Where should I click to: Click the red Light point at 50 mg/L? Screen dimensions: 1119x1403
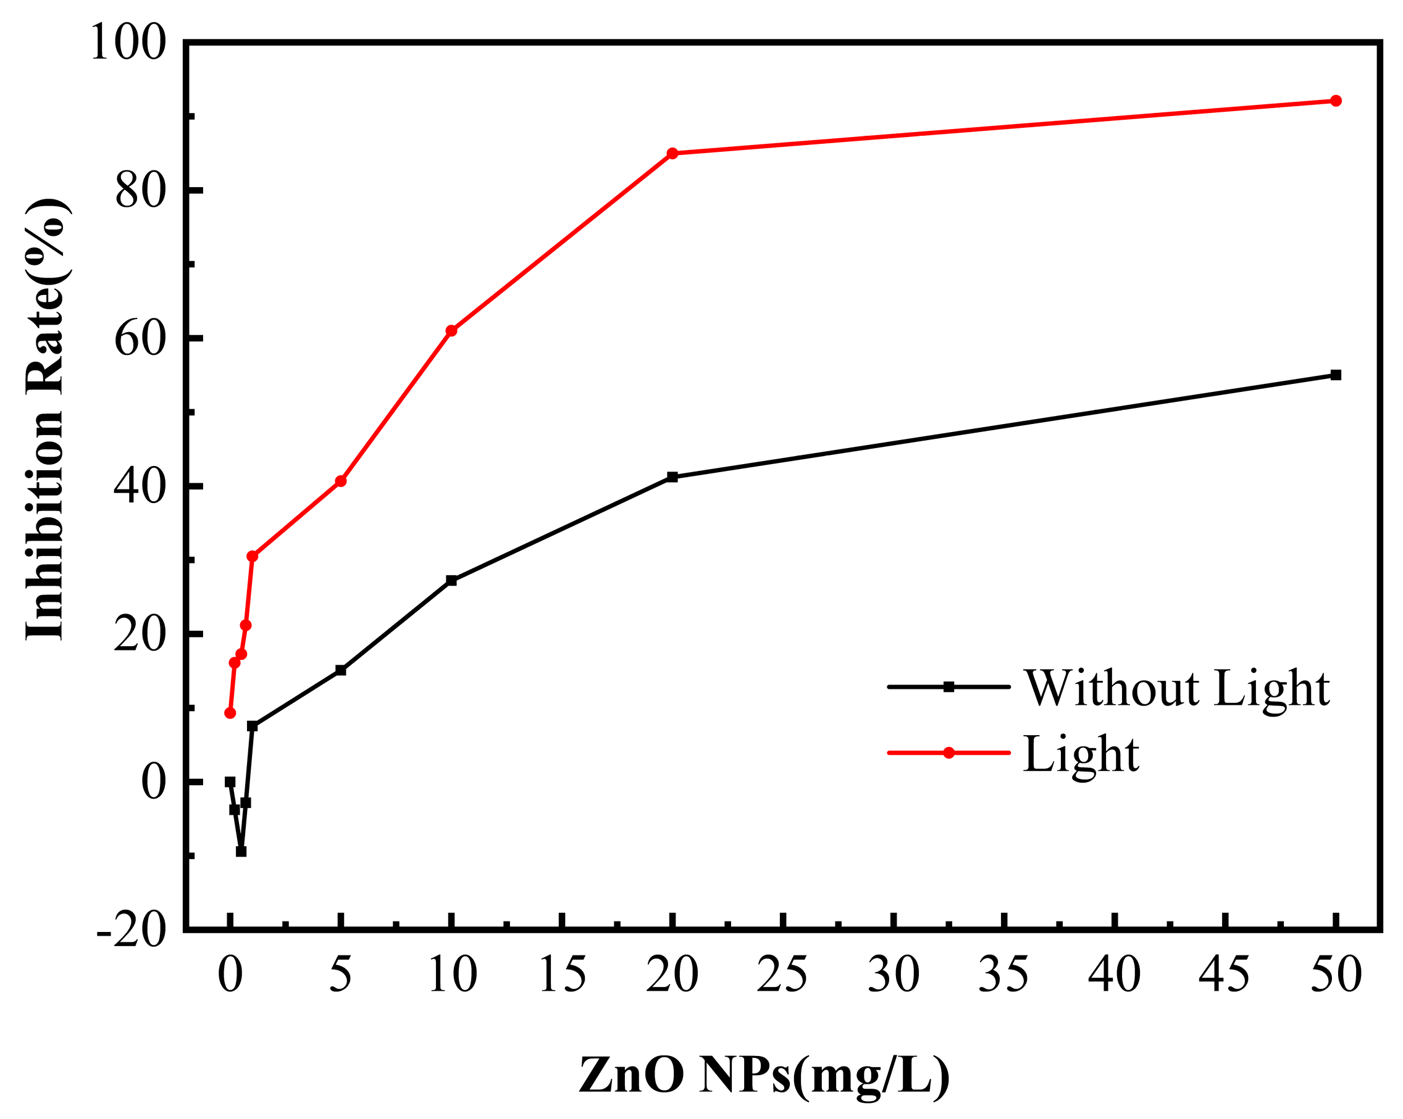tap(1335, 101)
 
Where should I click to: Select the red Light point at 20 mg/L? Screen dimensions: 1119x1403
tap(672, 154)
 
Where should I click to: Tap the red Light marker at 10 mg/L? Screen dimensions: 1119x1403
tap(451, 330)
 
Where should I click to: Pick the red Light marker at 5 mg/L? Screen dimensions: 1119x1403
tap(340, 481)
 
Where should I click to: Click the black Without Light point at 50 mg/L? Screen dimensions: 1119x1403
tap(1335, 375)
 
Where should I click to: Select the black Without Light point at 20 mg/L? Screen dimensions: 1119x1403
tap(672, 477)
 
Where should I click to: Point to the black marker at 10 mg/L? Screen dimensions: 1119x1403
tap(451, 580)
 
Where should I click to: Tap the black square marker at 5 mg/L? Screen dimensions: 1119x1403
tap(340, 670)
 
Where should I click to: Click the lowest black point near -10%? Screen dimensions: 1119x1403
tap(241, 851)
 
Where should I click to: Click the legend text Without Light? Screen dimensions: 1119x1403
tap(1176, 688)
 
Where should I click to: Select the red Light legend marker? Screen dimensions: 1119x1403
tap(948, 753)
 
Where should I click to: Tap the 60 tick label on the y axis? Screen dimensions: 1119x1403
tap(138, 339)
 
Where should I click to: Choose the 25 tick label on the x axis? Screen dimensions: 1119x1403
tap(782, 975)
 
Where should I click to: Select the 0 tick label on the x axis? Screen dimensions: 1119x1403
tap(230, 975)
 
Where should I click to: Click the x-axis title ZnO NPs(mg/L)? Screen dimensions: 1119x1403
tap(764, 1075)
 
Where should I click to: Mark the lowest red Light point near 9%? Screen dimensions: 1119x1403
tap(230, 713)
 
